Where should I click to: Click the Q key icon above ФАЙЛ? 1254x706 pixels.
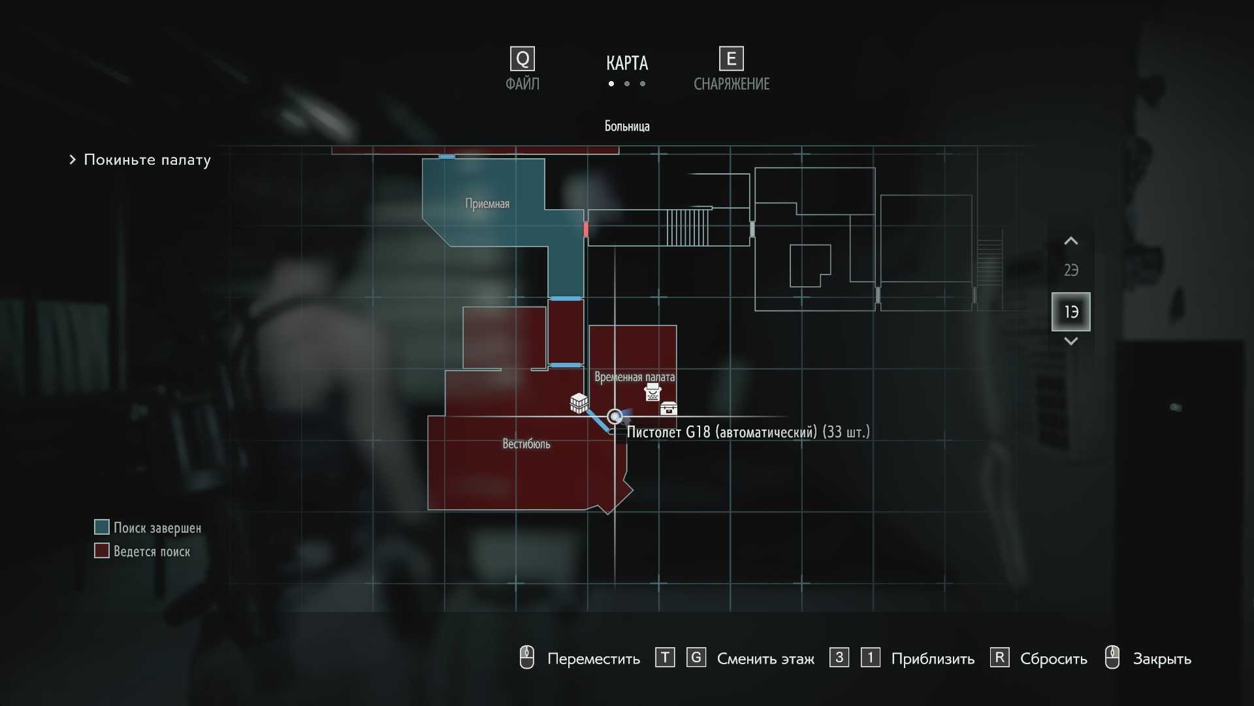(522, 59)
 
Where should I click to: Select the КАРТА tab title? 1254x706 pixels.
(627, 63)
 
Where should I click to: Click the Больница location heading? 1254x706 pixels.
(627, 126)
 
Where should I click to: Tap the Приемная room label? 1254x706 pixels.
(487, 204)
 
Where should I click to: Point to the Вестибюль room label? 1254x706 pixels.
(526, 445)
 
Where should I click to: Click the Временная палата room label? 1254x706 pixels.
(634, 377)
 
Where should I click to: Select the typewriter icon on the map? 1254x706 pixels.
(652, 392)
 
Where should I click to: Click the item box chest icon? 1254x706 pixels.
(669, 409)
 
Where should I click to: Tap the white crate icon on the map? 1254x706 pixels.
(579, 403)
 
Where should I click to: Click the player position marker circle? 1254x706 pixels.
(615, 416)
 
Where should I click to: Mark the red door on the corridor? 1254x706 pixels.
(586, 229)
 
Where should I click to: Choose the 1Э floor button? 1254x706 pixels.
(1071, 312)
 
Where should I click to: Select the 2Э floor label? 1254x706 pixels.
(1071, 270)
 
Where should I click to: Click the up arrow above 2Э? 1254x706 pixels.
(1071, 241)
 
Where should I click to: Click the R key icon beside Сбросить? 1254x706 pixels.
(999, 657)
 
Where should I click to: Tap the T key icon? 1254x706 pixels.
(665, 657)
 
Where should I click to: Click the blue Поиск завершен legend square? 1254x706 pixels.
(102, 528)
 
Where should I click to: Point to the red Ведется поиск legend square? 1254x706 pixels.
(102, 551)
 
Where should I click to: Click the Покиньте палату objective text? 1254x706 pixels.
(147, 160)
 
